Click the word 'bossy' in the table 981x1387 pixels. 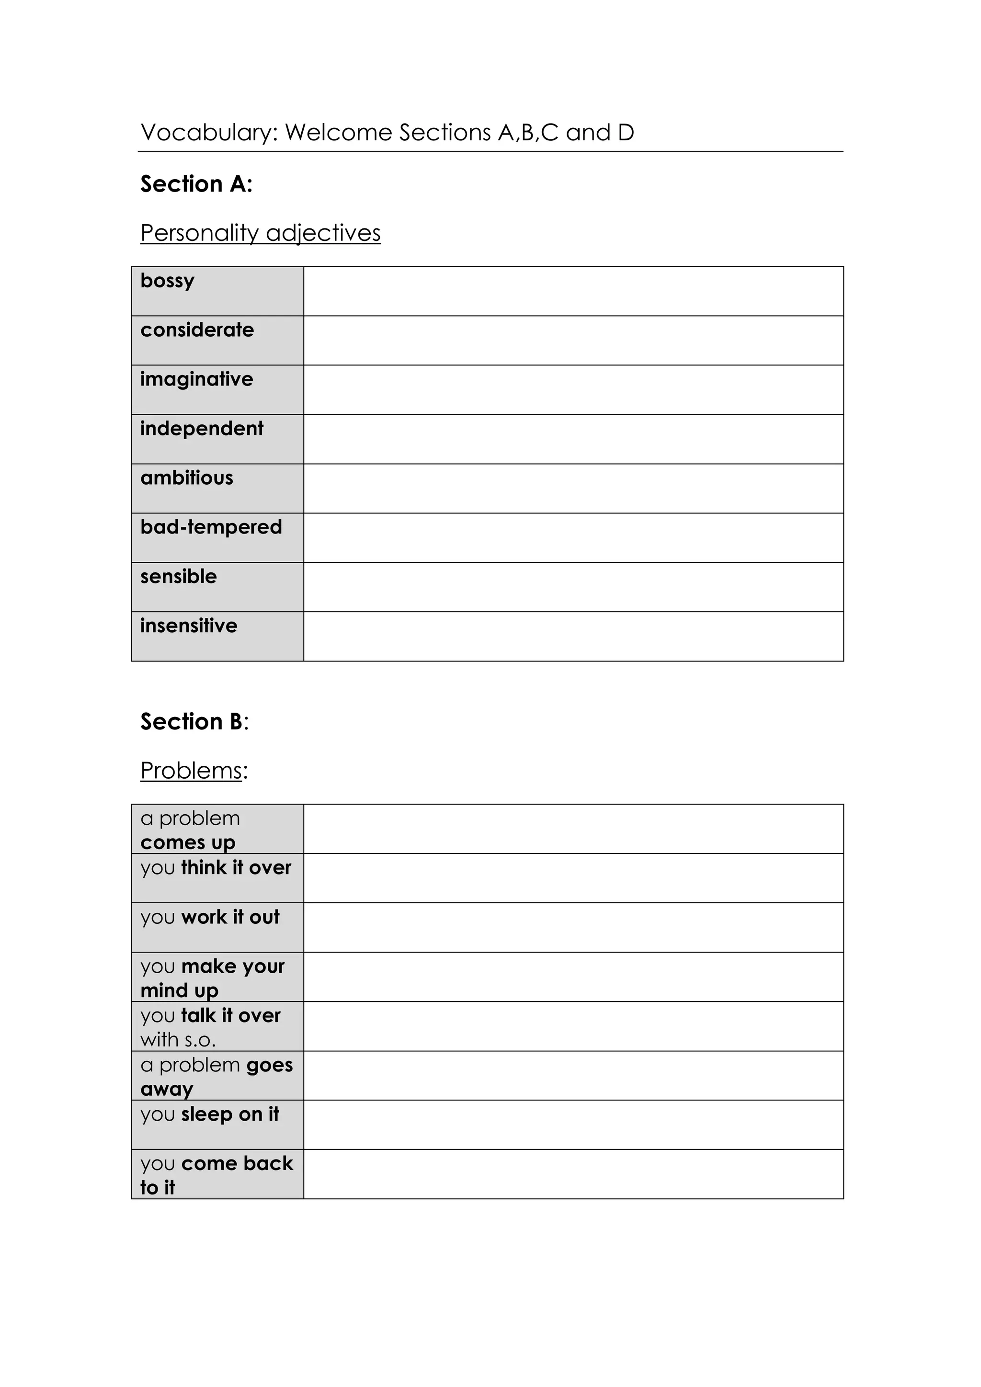[x=167, y=282]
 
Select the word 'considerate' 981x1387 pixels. [x=197, y=330]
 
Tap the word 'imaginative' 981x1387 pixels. [x=196, y=379]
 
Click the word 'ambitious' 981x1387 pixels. [x=187, y=478]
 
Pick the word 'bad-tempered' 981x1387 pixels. [x=211, y=527]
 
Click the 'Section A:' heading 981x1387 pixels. [x=196, y=183]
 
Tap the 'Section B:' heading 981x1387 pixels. [x=194, y=721]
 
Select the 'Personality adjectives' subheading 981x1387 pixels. [x=261, y=233]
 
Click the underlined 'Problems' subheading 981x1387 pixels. [x=192, y=771]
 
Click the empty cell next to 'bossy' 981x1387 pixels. [x=573, y=291]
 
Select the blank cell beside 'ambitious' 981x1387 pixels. [x=573, y=488]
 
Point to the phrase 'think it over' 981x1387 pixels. [x=236, y=867]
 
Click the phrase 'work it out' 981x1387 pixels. [x=231, y=917]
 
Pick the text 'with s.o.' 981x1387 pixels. [x=178, y=1040]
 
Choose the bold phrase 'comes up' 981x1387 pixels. [x=188, y=842]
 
